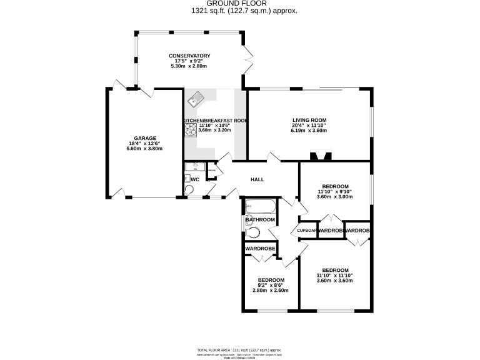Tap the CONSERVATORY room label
click(189, 56)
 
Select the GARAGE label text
click(144, 138)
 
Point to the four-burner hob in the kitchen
click(190, 129)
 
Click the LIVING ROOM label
click(309, 120)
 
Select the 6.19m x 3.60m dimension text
click(309, 131)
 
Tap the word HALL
click(257, 179)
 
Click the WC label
click(194, 179)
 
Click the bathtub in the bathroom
click(260, 206)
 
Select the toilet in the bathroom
click(252, 232)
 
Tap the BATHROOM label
click(260, 220)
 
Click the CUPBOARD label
click(307, 231)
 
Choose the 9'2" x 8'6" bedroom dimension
click(271, 285)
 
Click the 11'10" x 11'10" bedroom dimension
click(334, 275)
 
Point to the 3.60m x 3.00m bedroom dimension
click(334, 197)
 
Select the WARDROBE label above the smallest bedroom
click(261, 249)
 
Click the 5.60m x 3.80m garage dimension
click(144, 149)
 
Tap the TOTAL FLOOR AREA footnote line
click(239, 350)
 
